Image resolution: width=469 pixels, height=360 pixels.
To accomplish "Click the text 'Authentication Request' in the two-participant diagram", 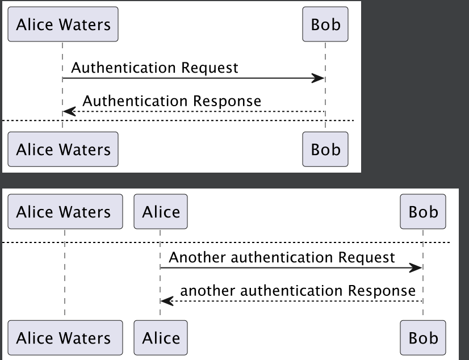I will tap(154, 68).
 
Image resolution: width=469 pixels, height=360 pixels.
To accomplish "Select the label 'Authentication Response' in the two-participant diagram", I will tap(171, 102).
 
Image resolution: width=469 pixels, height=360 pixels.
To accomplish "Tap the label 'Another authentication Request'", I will tap(282, 257).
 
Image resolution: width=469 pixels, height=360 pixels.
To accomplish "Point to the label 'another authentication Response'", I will tap(298, 291).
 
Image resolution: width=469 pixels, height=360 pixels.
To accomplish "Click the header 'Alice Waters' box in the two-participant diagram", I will tap(63, 24).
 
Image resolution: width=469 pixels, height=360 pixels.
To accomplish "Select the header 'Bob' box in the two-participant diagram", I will tap(325, 24).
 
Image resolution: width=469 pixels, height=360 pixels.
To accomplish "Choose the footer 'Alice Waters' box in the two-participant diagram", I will tap(63, 149).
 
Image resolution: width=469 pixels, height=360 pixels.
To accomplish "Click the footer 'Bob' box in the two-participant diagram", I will tap(325, 149).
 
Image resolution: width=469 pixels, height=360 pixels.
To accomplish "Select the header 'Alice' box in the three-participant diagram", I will tap(161, 212).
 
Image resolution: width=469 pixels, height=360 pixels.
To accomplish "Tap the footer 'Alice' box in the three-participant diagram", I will tap(161, 338).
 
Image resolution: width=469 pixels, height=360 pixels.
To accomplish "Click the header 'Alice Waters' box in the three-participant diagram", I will tap(65, 212).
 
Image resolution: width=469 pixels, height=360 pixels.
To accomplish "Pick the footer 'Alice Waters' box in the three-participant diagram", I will tap(65, 338).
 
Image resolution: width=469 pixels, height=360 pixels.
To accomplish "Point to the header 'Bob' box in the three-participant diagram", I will tap(423, 212).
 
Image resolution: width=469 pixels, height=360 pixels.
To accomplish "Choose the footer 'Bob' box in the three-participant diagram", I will tap(423, 338).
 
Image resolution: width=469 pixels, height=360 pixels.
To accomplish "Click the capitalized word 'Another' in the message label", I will tap(193, 257).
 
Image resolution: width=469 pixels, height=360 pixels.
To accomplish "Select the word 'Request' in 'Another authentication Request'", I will tap(366, 257).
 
